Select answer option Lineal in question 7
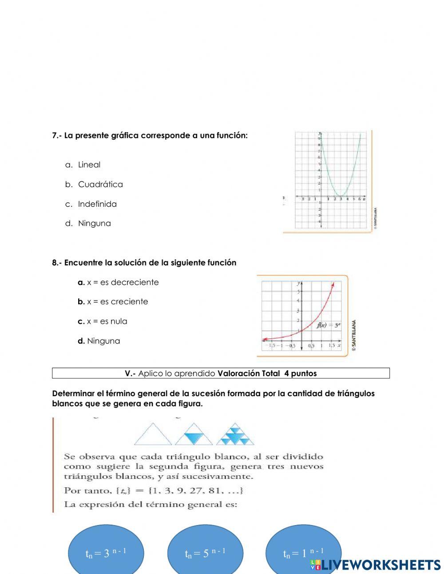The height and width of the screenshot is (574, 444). pos(89,165)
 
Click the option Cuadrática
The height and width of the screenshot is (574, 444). pos(100,185)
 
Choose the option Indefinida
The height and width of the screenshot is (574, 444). pos(97,205)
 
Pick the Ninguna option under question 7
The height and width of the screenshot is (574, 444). pos(94,224)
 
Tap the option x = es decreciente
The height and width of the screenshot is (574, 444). pos(123,282)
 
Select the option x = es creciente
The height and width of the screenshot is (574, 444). pos(117,302)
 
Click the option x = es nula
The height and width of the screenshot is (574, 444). pos(107,321)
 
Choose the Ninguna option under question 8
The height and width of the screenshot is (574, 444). pos(103,341)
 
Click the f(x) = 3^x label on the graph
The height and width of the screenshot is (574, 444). pos(329,325)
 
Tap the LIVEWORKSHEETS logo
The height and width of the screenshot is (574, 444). pos(375,565)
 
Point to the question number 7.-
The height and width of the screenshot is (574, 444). pos(57,136)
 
